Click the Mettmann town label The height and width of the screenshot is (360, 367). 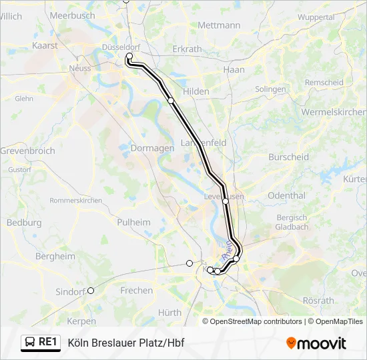pyautogui.click(x=219, y=25)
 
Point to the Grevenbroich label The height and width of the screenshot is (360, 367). pyautogui.click(x=27, y=151)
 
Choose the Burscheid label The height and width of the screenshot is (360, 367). pyautogui.click(x=288, y=157)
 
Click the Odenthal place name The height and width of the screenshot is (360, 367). pyautogui.click(x=286, y=196)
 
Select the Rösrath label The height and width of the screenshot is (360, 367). pyautogui.click(x=318, y=301)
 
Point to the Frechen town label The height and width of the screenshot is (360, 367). pyautogui.click(x=136, y=291)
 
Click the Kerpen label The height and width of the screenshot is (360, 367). pyautogui.click(x=81, y=321)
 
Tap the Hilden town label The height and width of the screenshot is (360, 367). pyautogui.click(x=196, y=91)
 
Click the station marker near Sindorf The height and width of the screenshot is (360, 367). pyautogui.click(x=91, y=290)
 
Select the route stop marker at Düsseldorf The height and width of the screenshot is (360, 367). pyautogui.click(x=129, y=57)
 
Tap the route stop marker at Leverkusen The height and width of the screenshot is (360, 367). pyautogui.click(x=226, y=201)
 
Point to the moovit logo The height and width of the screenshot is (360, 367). pyautogui.click(x=316, y=343)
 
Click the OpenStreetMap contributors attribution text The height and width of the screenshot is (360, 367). pyautogui.click(x=255, y=321)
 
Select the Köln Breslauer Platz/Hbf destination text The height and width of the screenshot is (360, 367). pyautogui.click(x=126, y=343)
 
